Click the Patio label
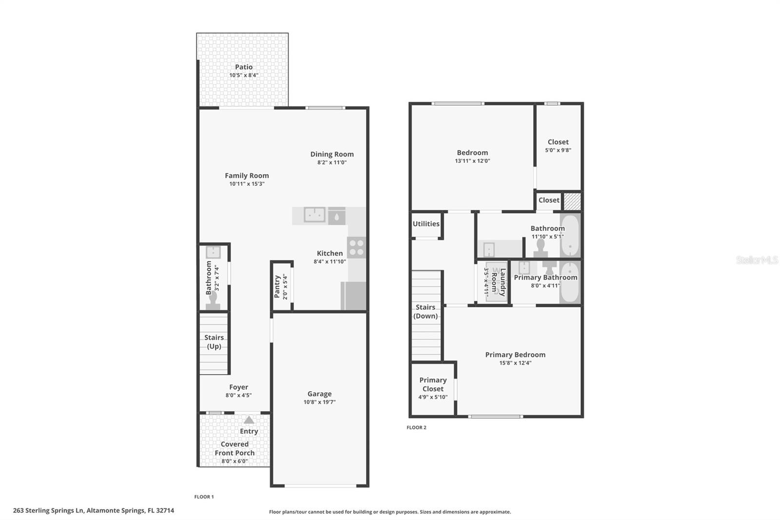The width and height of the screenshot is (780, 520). [244, 67]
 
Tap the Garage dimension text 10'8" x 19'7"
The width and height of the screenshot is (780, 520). [319, 402]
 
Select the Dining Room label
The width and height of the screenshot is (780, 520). [332, 154]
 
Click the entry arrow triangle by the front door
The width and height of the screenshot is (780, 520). [249, 420]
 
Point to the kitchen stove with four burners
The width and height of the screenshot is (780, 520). [356, 247]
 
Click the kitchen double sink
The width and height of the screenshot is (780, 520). [314, 215]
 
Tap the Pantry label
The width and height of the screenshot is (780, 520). [277, 287]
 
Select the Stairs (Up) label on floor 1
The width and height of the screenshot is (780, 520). [214, 342]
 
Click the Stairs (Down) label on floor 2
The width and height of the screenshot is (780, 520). [426, 312]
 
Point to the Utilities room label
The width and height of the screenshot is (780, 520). [426, 224]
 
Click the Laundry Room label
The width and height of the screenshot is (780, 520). [498, 282]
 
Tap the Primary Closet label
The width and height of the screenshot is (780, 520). [433, 384]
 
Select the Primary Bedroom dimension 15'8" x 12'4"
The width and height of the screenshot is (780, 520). [515, 363]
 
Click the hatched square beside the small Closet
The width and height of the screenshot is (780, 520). [572, 201]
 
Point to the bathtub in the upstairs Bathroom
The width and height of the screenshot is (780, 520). [569, 236]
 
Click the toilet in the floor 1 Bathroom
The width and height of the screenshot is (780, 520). [213, 301]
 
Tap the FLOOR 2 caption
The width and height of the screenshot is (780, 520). [416, 428]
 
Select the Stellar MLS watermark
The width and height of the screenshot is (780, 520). [757, 260]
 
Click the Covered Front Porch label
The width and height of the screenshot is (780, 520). [234, 449]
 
